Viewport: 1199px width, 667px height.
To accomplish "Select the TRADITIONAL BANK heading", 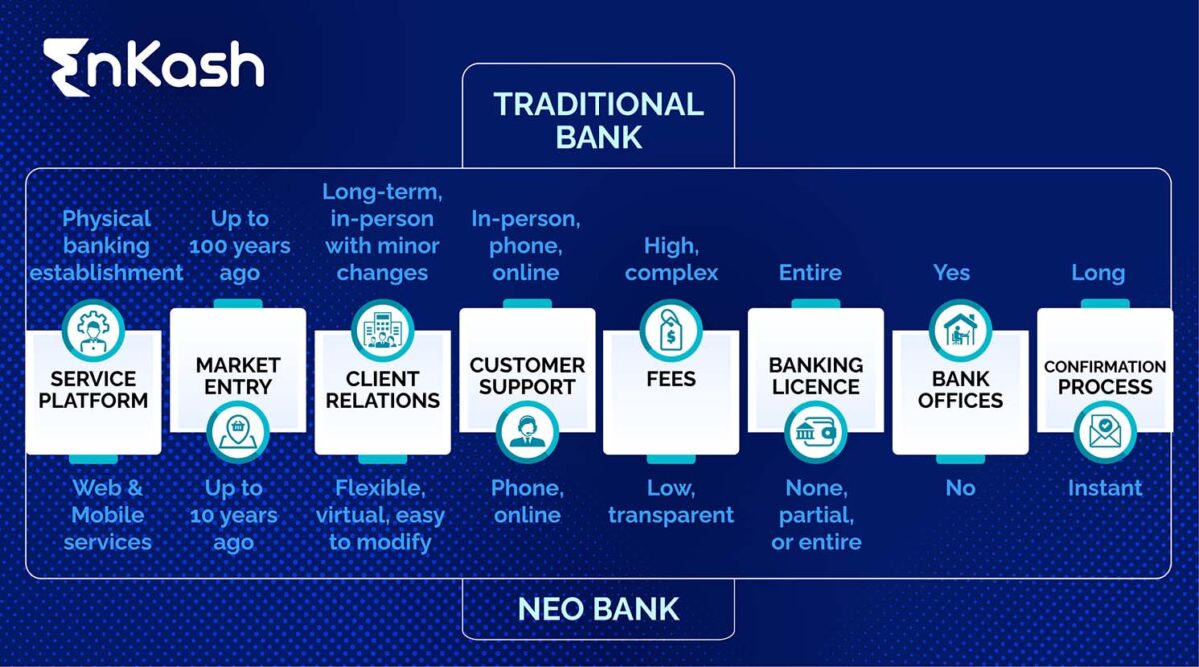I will (x=598, y=119).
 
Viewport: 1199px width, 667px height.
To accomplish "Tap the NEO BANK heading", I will (x=598, y=608).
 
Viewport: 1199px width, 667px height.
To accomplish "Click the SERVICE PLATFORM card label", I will (x=93, y=390).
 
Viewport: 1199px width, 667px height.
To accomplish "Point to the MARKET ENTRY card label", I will (x=238, y=376).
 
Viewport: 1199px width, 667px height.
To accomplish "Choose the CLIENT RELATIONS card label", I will (x=383, y=390).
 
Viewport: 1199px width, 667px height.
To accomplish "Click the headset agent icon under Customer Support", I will (x=527, y=432).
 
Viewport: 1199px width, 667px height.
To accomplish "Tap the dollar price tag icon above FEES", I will (x=671, y=331).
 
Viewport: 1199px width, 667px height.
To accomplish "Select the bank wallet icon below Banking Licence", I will (x=816, y=432).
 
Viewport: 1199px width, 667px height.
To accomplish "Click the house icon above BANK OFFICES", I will (x=960, y=331).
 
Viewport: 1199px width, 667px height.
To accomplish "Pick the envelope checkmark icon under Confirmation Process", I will (x=1105, y=432).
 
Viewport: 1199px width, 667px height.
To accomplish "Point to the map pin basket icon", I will (x=238, y=432).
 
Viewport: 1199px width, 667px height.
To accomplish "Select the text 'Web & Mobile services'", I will (x=107, y=515).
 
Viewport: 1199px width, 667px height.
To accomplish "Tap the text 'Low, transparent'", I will (x=671, y=501).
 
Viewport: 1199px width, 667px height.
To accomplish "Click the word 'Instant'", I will (x=1104, y=488).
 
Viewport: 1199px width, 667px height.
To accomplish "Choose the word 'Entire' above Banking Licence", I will (x=810, y=272).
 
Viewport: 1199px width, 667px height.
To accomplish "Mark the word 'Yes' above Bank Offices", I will (x=951, y=272).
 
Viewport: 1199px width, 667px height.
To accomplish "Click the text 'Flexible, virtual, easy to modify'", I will (x=380, y=515).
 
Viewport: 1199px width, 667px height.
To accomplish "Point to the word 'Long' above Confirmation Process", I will (x=1098, y=272).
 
